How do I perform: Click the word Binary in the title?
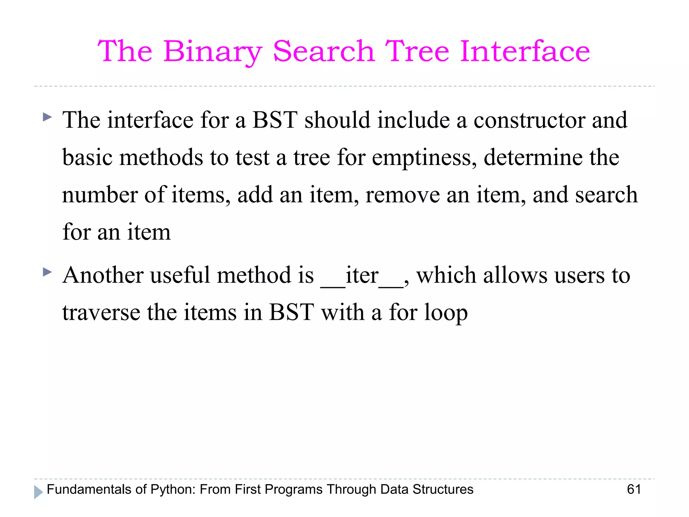pos(213,51)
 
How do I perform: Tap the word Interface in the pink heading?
pos(524,51)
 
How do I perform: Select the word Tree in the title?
pos(417,51)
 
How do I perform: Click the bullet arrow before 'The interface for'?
pos(48,117)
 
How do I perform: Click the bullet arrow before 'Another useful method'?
pos(48,272)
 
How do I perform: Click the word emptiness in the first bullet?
pos(424,158)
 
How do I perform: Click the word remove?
pos(402,195)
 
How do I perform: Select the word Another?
pos(103,275)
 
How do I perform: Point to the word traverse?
pos(101,313)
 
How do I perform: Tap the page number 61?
pos(634,489)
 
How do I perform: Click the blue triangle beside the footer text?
pos(38,492)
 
